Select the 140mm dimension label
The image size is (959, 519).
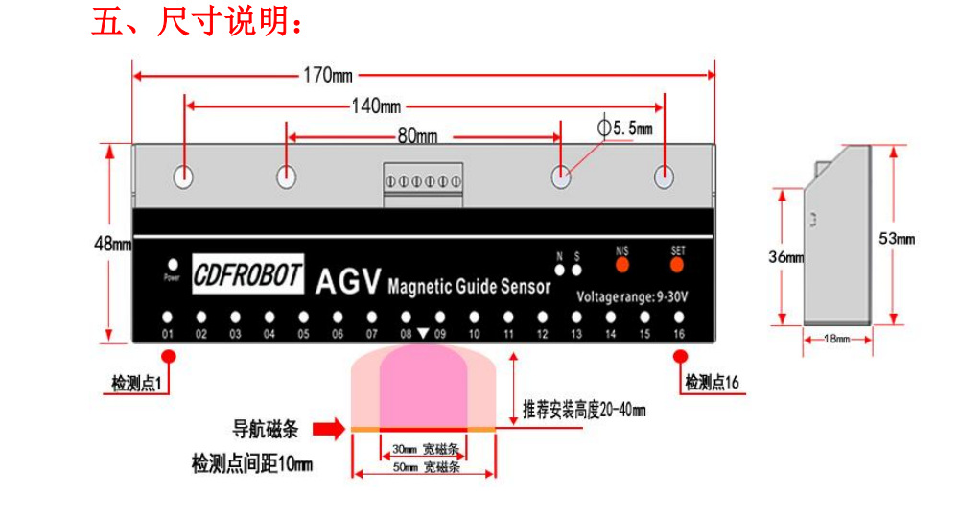tap(376, 106)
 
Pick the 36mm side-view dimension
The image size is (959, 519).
tap(784, 257)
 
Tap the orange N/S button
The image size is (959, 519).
tap(621, 263)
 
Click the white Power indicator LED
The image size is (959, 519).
tap(173, 265)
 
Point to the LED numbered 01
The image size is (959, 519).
tap(167, 317)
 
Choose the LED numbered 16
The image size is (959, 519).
tap(679, 317)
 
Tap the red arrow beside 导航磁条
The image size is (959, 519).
tap(328, 429)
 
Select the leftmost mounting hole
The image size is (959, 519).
tap(183, 177)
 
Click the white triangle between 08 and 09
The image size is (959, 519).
tap(423, 335)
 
